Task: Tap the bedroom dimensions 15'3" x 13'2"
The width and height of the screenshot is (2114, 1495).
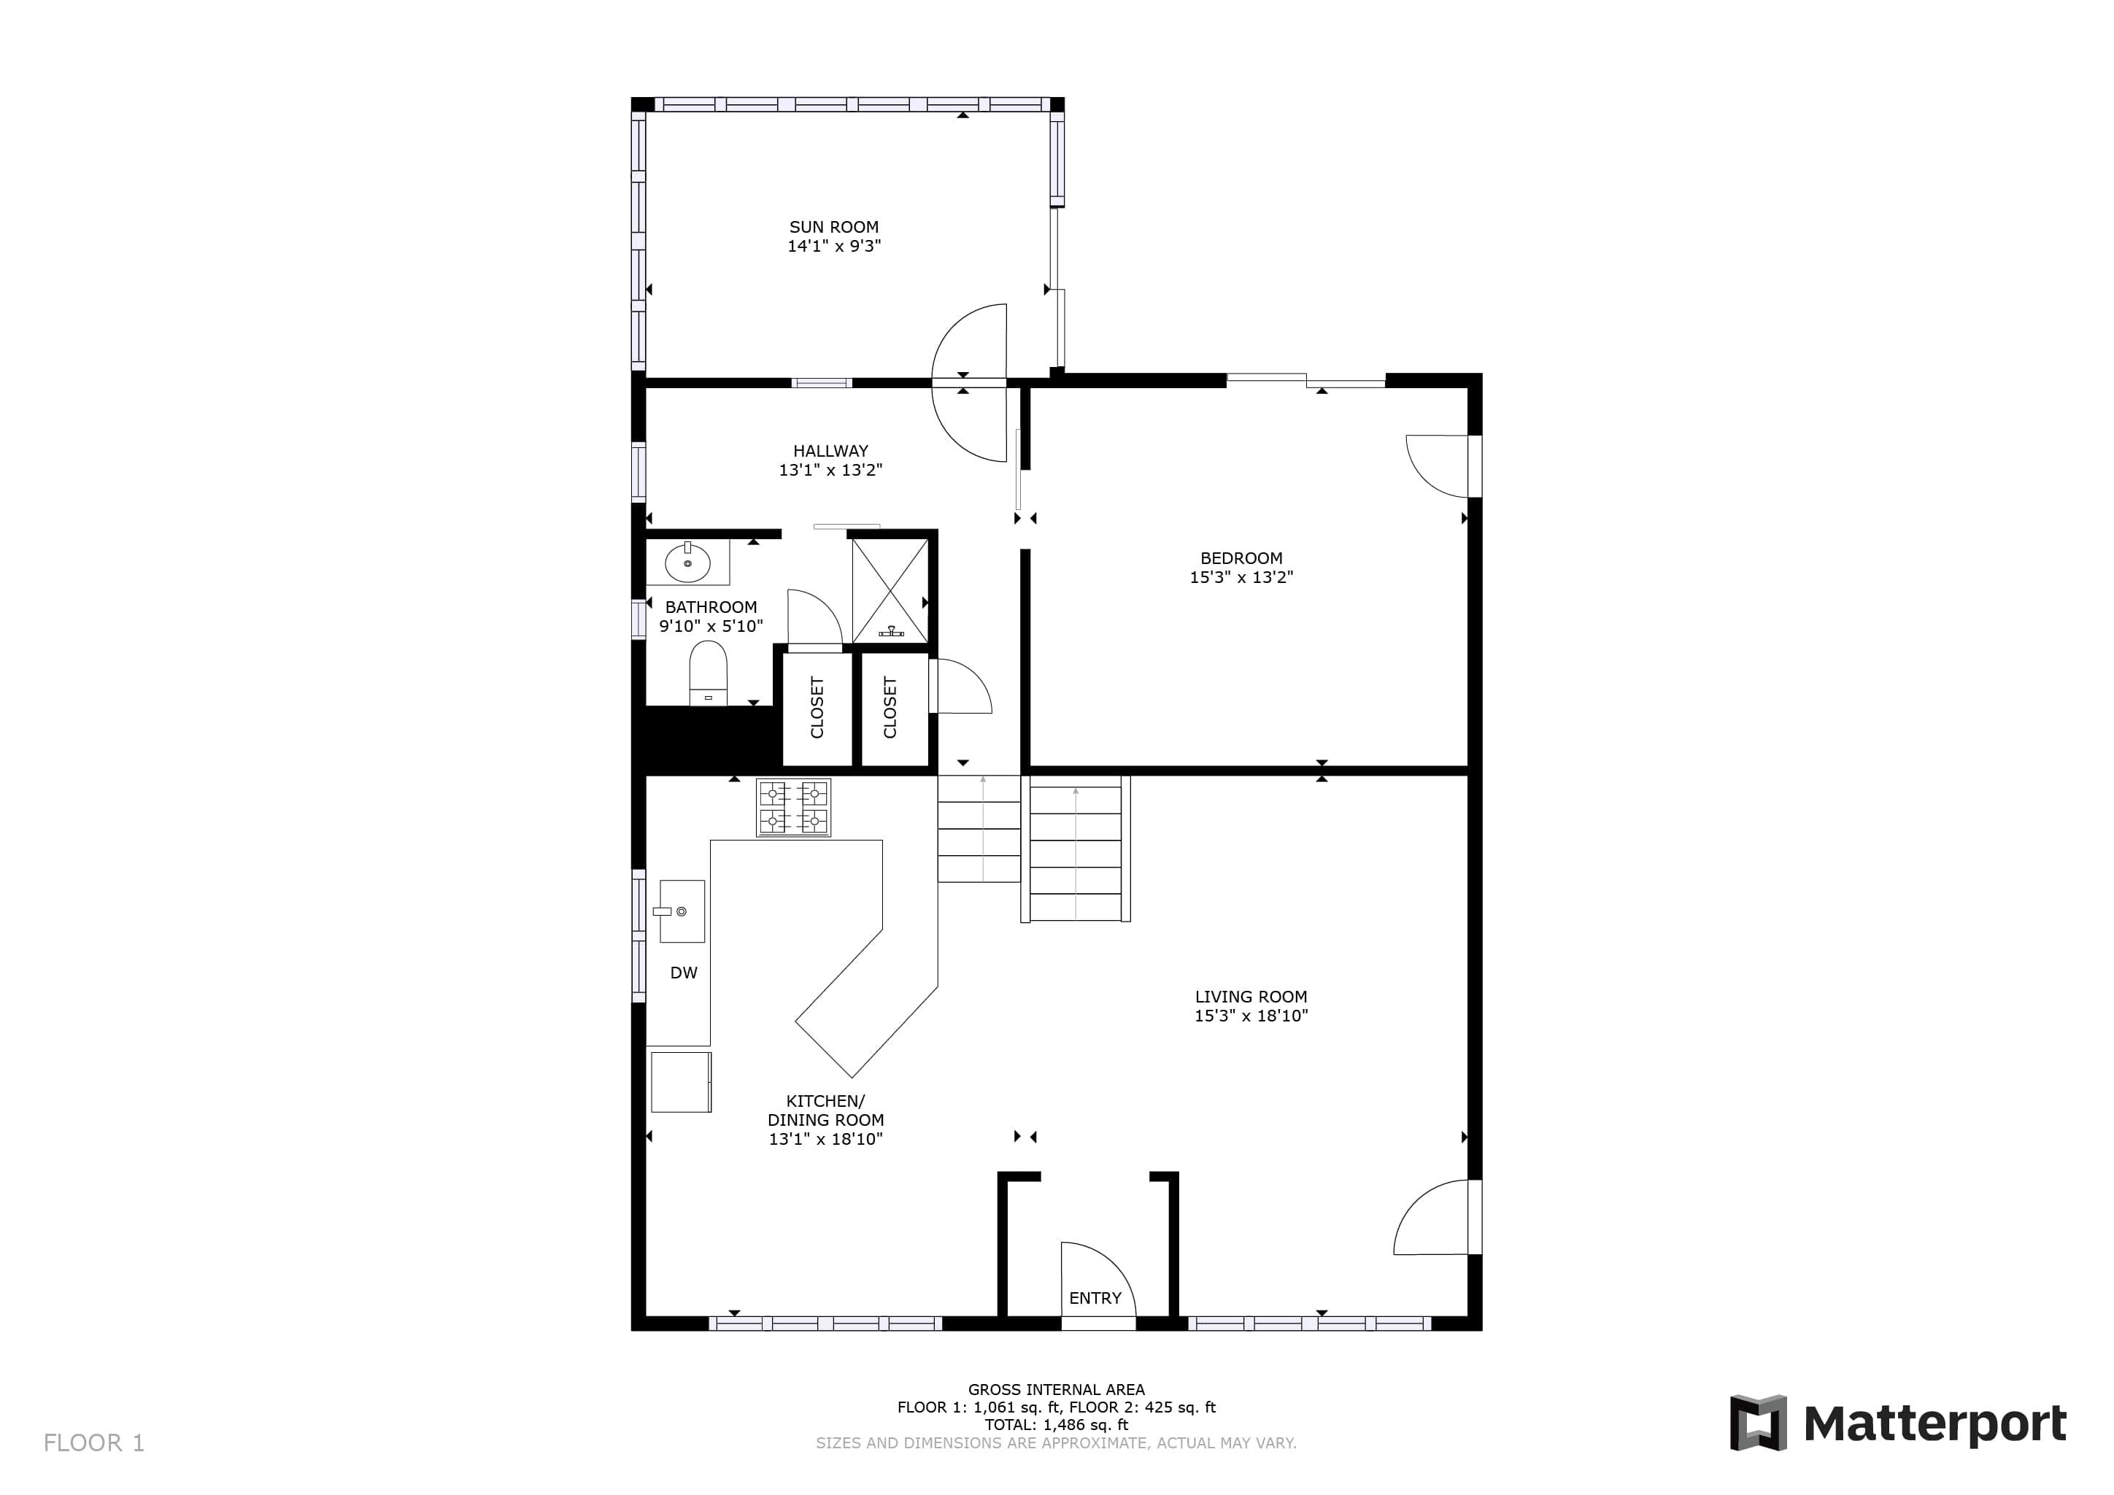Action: pos(1241,577)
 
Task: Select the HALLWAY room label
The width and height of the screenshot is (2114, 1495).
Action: pos(830,451)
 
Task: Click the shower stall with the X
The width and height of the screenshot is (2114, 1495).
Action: pos(890,591)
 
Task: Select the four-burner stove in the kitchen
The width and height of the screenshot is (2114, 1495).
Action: pos(792,808)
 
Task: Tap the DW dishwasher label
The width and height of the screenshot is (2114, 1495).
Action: pos(683,973)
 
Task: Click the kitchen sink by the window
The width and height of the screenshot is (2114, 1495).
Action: pos(682,911)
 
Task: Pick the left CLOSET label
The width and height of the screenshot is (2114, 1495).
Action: pos(817,707)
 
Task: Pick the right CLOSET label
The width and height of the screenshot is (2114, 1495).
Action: pos(890,707)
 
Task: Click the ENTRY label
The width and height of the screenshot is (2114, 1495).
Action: pos(1095,1298)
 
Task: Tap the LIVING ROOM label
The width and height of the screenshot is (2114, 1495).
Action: pos(1250,996)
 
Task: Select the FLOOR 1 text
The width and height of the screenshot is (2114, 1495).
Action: pos(94,1442)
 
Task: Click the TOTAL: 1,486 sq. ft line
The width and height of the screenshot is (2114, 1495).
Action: pos(1056,1424)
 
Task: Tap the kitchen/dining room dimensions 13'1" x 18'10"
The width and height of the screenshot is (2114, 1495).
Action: pos(825,1139)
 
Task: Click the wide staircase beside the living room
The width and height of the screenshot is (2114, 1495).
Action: pos(1074,849)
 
